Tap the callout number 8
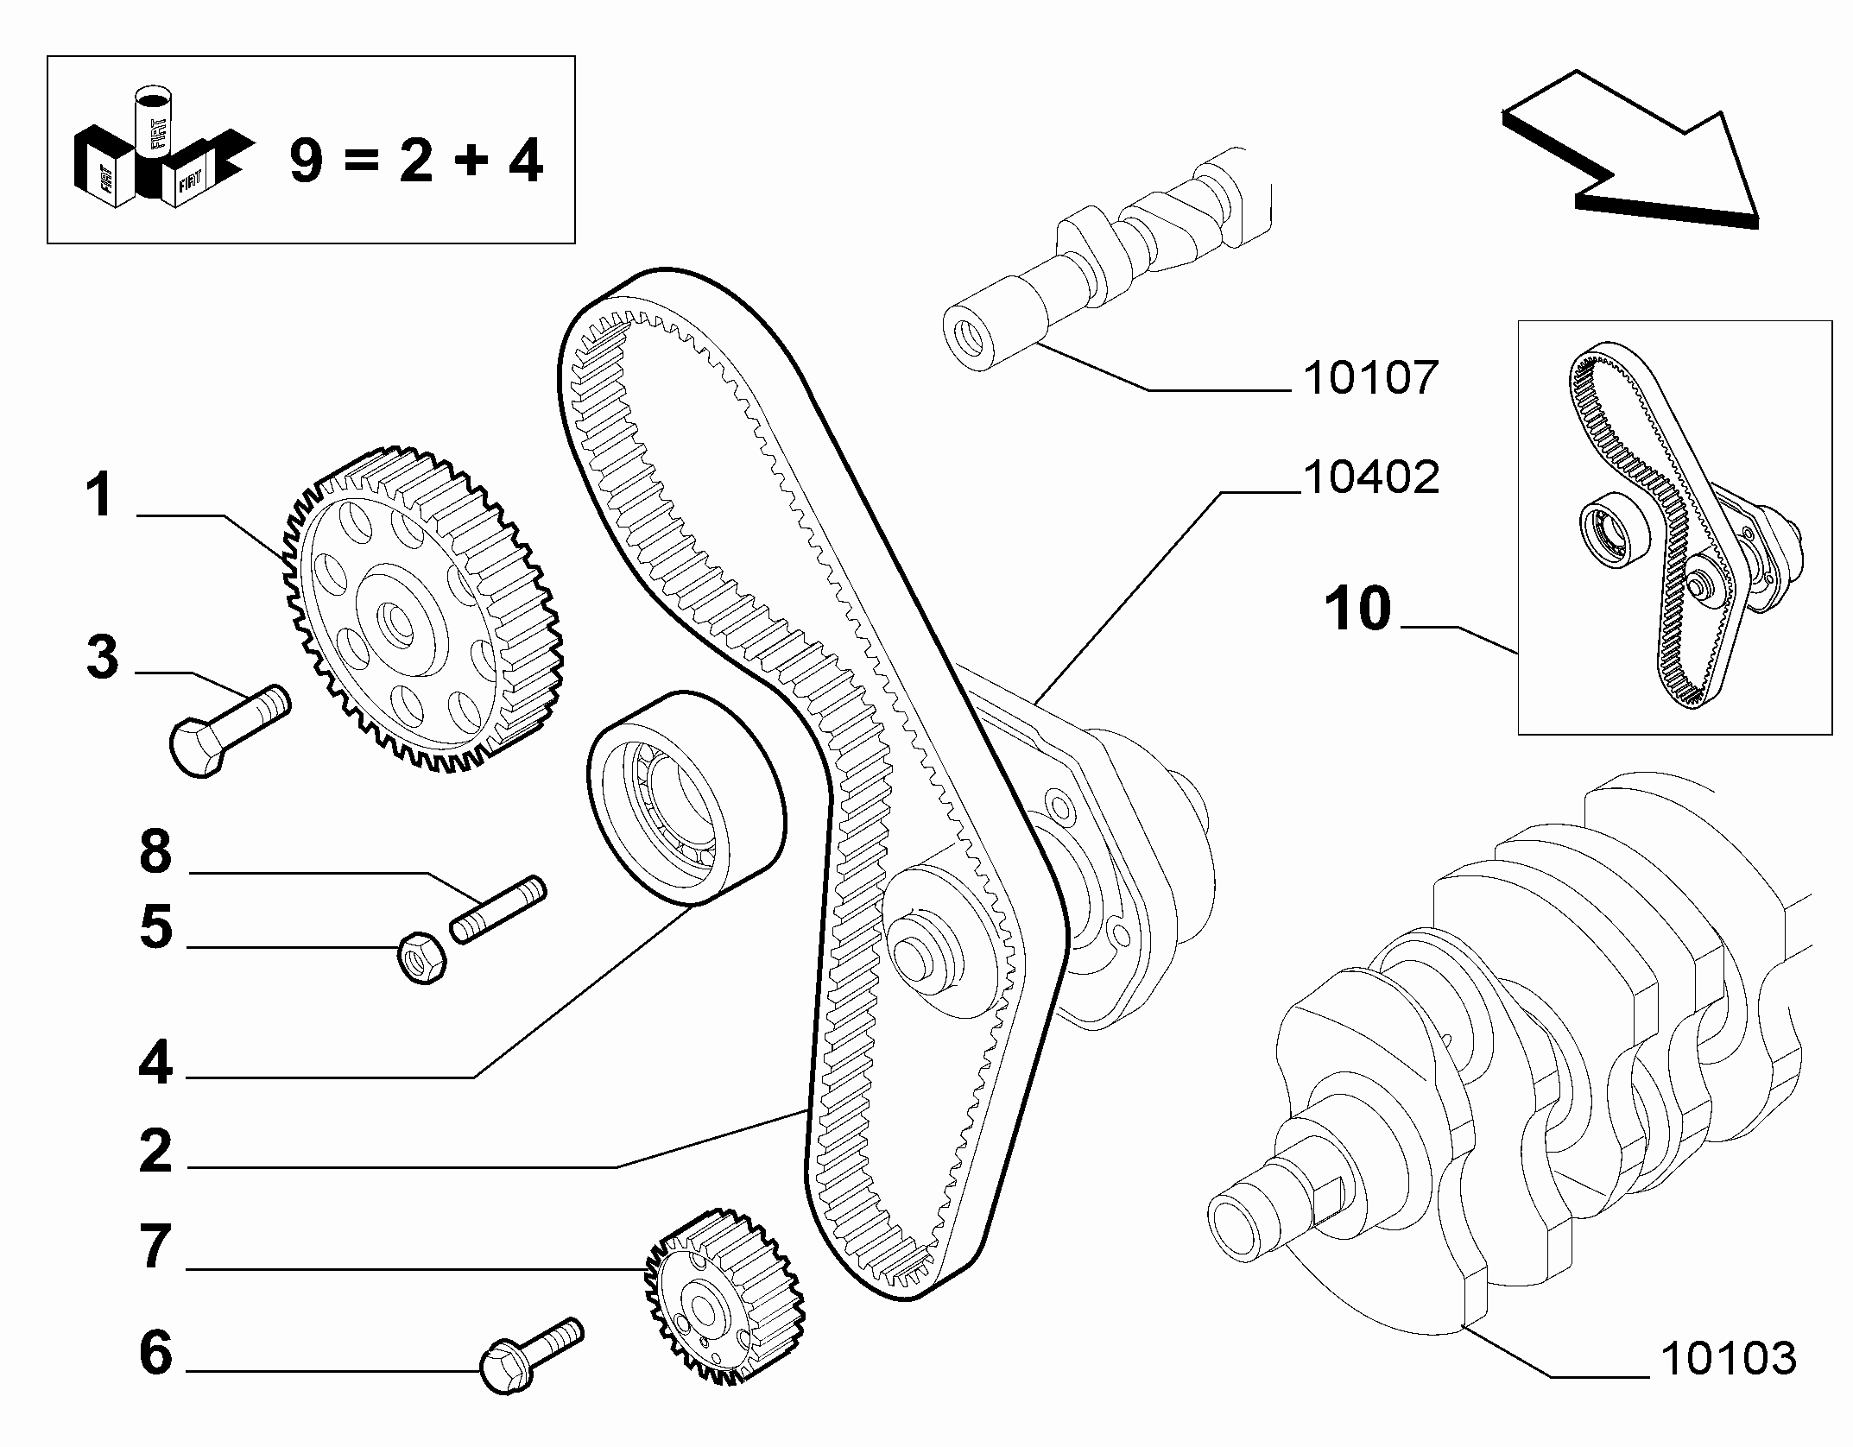click(155, 852)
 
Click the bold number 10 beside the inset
click(1359, 608)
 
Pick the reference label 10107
click(1371, 377)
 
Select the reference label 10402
click(1371, 477)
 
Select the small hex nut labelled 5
click(421, 958)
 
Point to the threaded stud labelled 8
click(498, 910)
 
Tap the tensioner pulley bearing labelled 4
click(686, 798)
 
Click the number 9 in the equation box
click(307, 161)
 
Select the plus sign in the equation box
click(471, 161)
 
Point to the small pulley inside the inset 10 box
click(1615, 528)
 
